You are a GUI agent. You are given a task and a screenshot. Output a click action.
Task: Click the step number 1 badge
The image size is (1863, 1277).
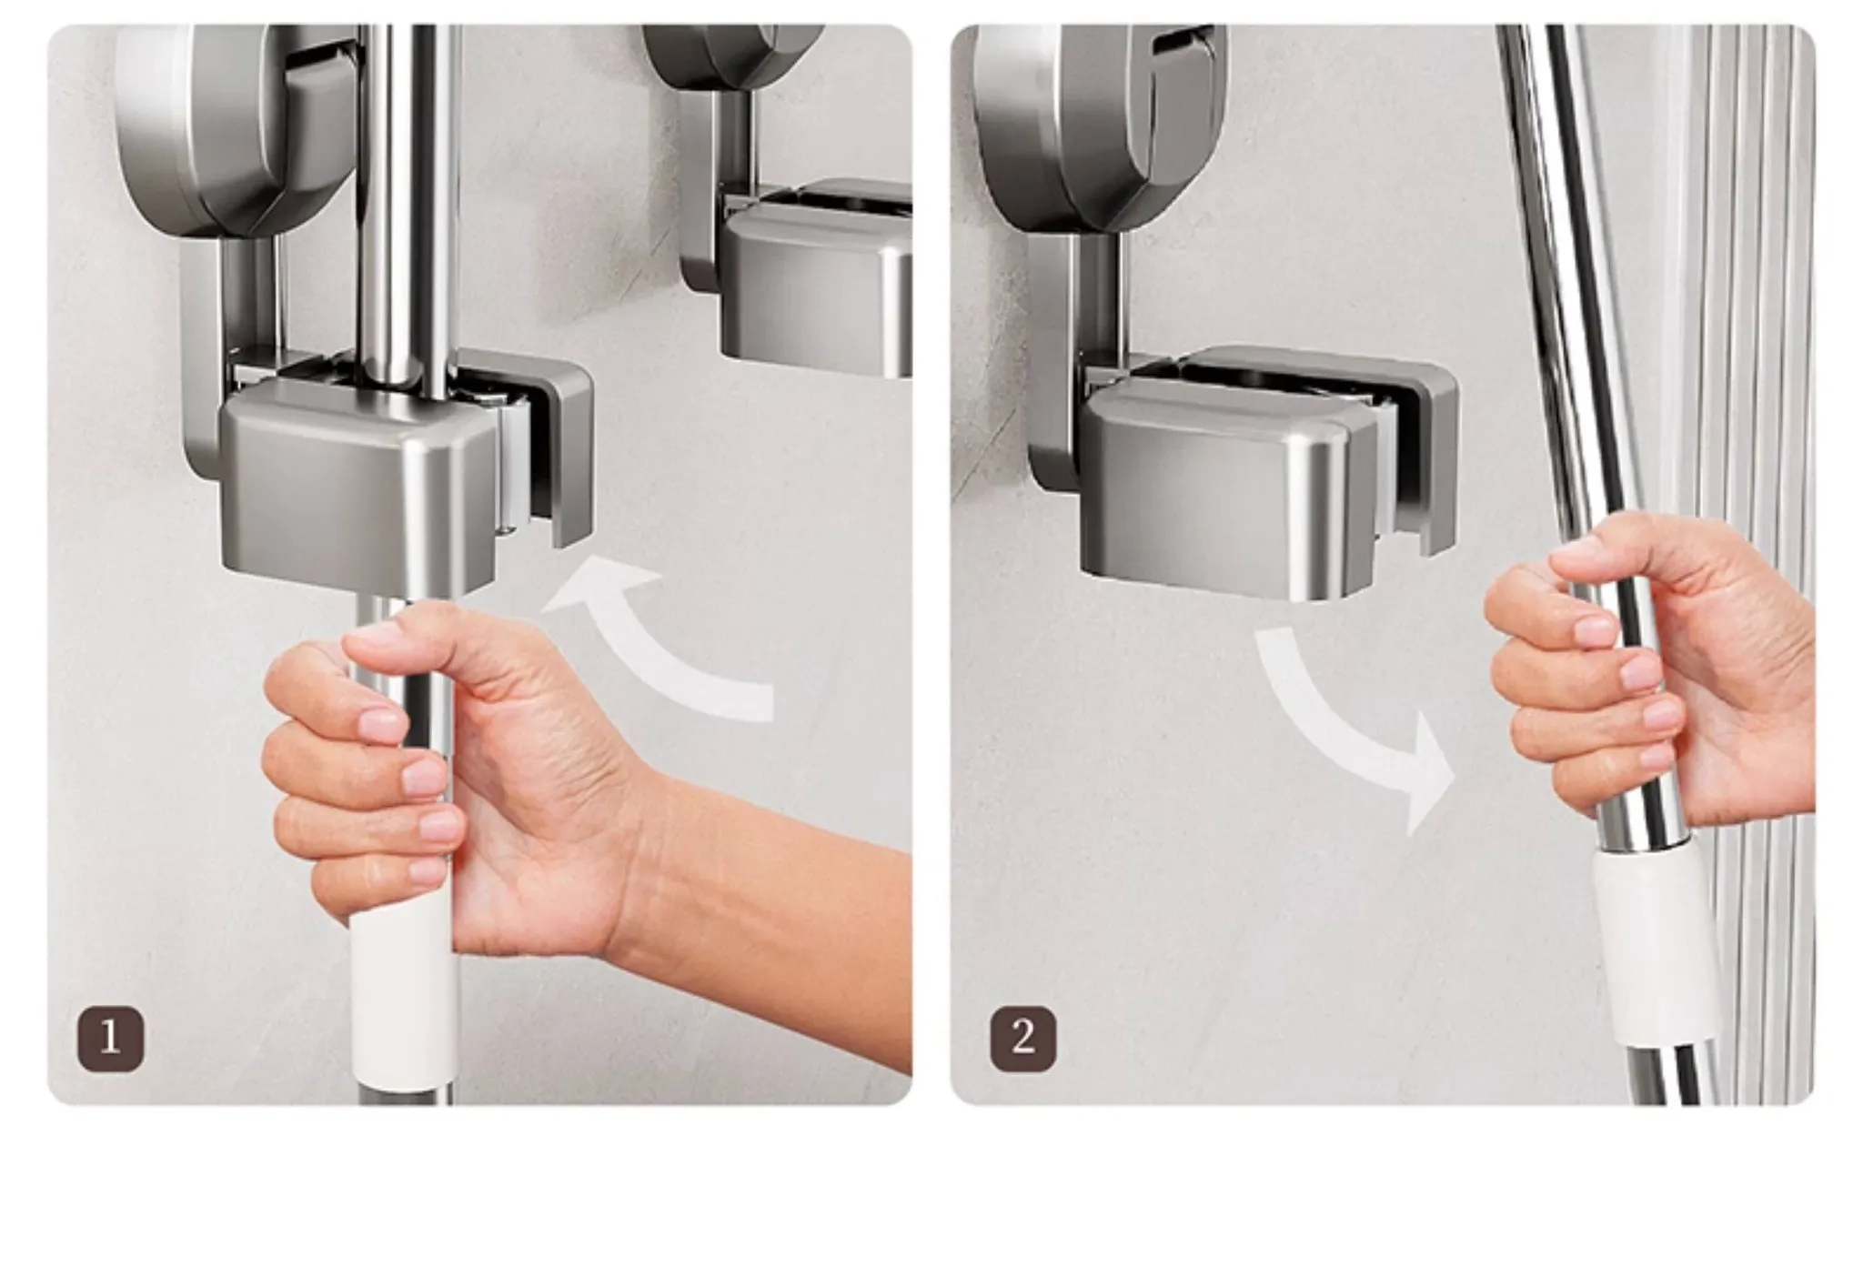(x=110, y=1038)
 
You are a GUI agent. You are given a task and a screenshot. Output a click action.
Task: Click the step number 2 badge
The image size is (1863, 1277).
(x=1022, y=1038)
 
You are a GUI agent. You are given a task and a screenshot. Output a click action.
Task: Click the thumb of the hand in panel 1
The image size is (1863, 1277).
(x=428, y=637)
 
